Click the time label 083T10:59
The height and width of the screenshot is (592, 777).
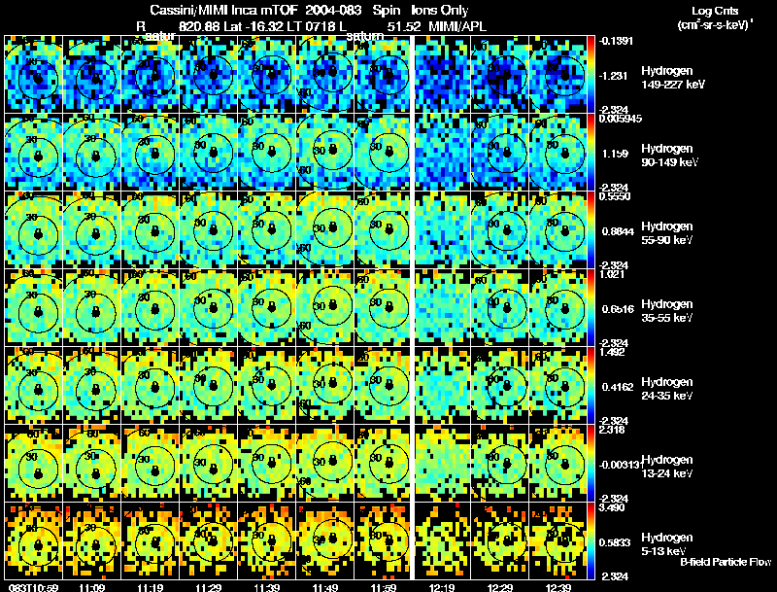coord(29,586)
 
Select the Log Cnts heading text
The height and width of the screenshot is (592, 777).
coord(712,10)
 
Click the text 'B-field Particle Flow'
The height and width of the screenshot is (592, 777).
coord(726,562)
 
